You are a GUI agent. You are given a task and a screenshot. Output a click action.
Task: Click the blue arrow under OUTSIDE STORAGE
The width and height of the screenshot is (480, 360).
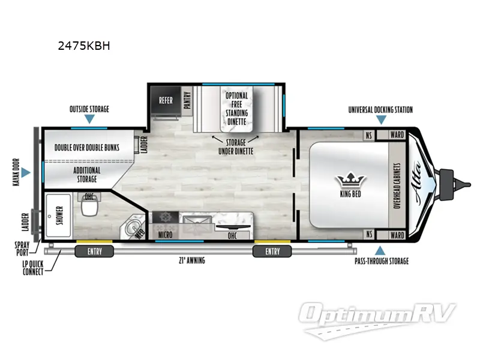(89, 119)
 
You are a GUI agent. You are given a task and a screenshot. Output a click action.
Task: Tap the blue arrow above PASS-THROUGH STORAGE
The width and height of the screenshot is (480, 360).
(379, 250)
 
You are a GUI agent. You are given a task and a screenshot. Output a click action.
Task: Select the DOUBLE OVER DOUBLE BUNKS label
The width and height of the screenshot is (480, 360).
(86, 147)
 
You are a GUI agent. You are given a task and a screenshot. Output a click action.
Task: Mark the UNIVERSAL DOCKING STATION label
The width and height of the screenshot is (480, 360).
(380, 110)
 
